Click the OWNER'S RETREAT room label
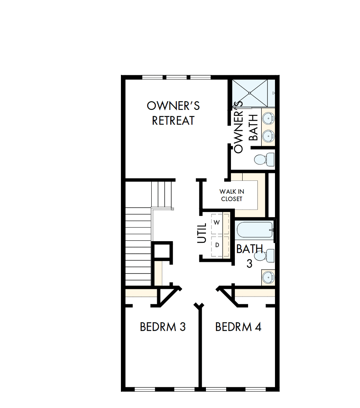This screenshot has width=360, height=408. point(173,113)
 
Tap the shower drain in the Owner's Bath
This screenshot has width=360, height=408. point(249,93)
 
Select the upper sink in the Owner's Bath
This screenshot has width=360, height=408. point(268,118)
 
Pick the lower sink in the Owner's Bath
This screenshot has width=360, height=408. point(268,136)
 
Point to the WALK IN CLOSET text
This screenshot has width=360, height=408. point(232,195)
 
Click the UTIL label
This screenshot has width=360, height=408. point(202,233)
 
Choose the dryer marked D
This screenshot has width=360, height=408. point(217,245)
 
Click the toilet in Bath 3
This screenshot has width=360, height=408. point(264,256)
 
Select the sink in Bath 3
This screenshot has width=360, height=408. point(268,277)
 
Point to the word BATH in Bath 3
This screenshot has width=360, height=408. point(250,249)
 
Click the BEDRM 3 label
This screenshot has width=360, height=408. point(163,327)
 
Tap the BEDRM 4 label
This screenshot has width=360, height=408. point(238,327)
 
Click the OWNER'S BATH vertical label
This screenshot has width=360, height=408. point(245,127)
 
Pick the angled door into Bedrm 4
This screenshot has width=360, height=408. point(228,296)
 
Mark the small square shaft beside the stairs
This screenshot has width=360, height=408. point(162,251)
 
